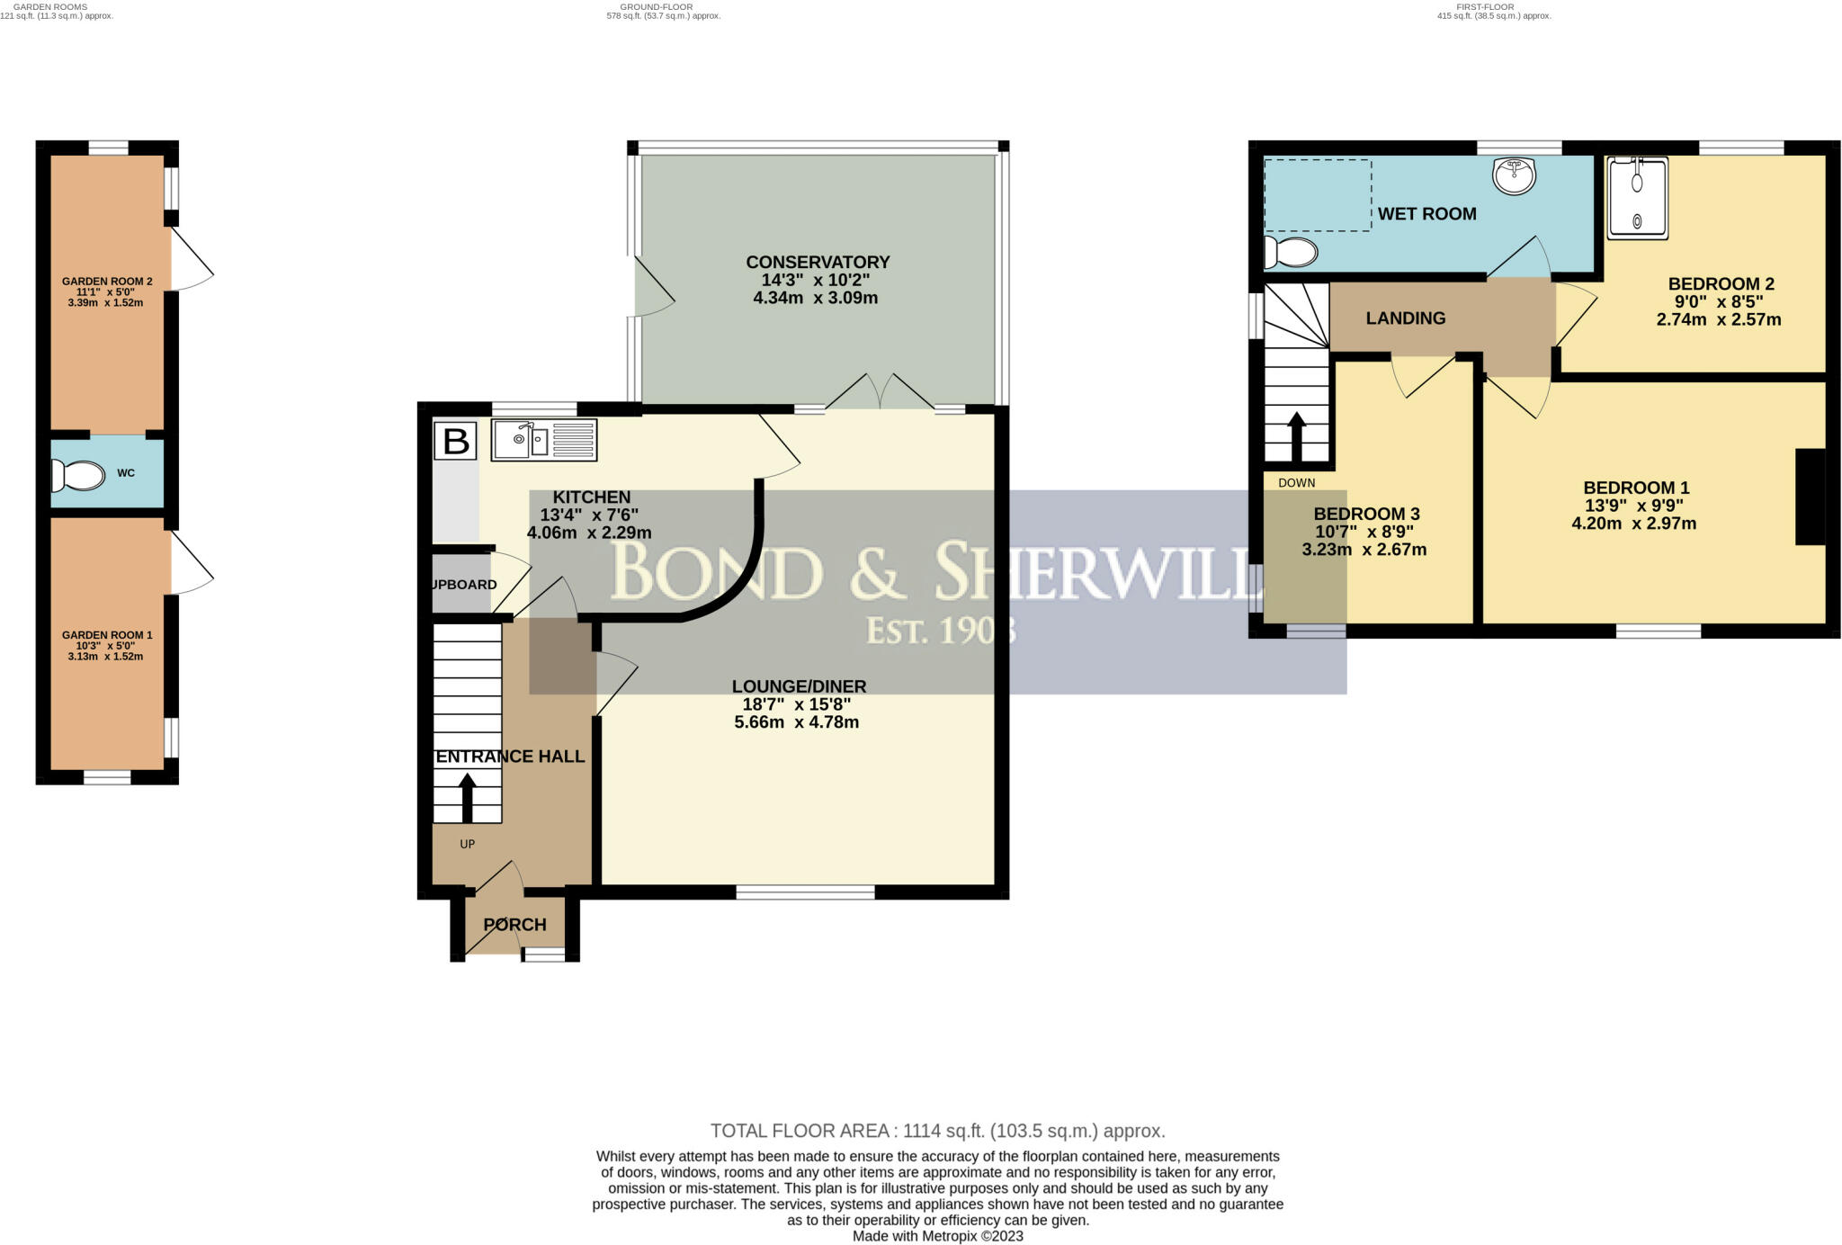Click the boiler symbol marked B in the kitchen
456,442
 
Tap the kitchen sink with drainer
543,441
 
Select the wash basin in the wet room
1514,176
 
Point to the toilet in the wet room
1291,252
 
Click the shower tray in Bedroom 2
1638,199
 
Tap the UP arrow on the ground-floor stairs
467,799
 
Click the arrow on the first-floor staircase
1296,437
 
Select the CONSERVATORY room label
818,262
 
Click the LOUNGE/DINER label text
799,686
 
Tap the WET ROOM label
1427,214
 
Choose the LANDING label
1406,318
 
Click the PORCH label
515,924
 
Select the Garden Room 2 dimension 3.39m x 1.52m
105,303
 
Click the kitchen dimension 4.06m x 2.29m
589,532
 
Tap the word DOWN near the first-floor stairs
1297,483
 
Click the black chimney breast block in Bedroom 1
1811,497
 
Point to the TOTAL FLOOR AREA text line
938,1131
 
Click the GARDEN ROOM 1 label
107,635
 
